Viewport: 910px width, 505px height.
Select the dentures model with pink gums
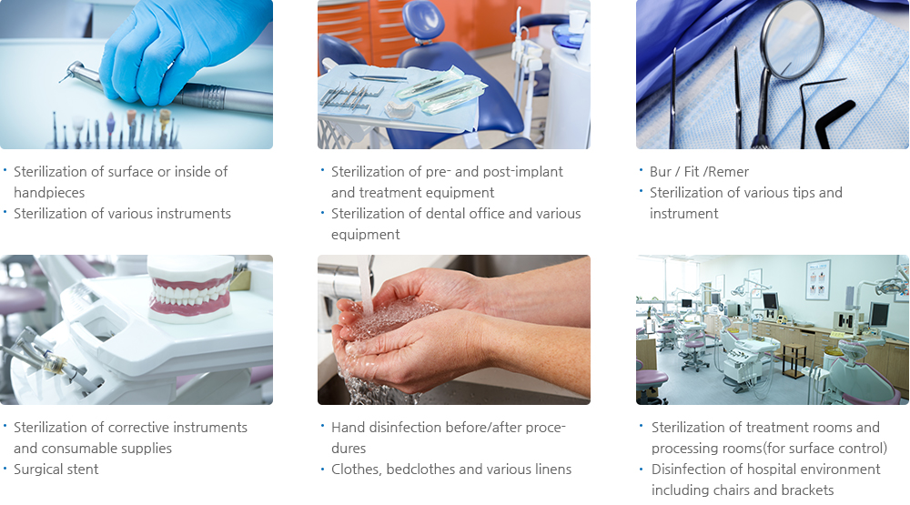[x=190, y=288]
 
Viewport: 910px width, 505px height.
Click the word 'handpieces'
[x=49, y=193]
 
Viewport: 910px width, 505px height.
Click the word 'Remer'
[x=728, y=172]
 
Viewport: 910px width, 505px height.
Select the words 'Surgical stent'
[x=56, y=469]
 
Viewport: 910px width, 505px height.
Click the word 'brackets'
[x=806, y=490]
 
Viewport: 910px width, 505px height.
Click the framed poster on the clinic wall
[x=818, y=279]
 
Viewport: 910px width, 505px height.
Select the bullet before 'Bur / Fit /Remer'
[x=642, y=170]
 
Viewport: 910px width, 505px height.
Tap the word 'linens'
[x=552, y=469]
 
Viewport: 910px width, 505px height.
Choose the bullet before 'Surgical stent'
[x=5, y=468]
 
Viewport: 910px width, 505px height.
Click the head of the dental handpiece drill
[x=73, y=73]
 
